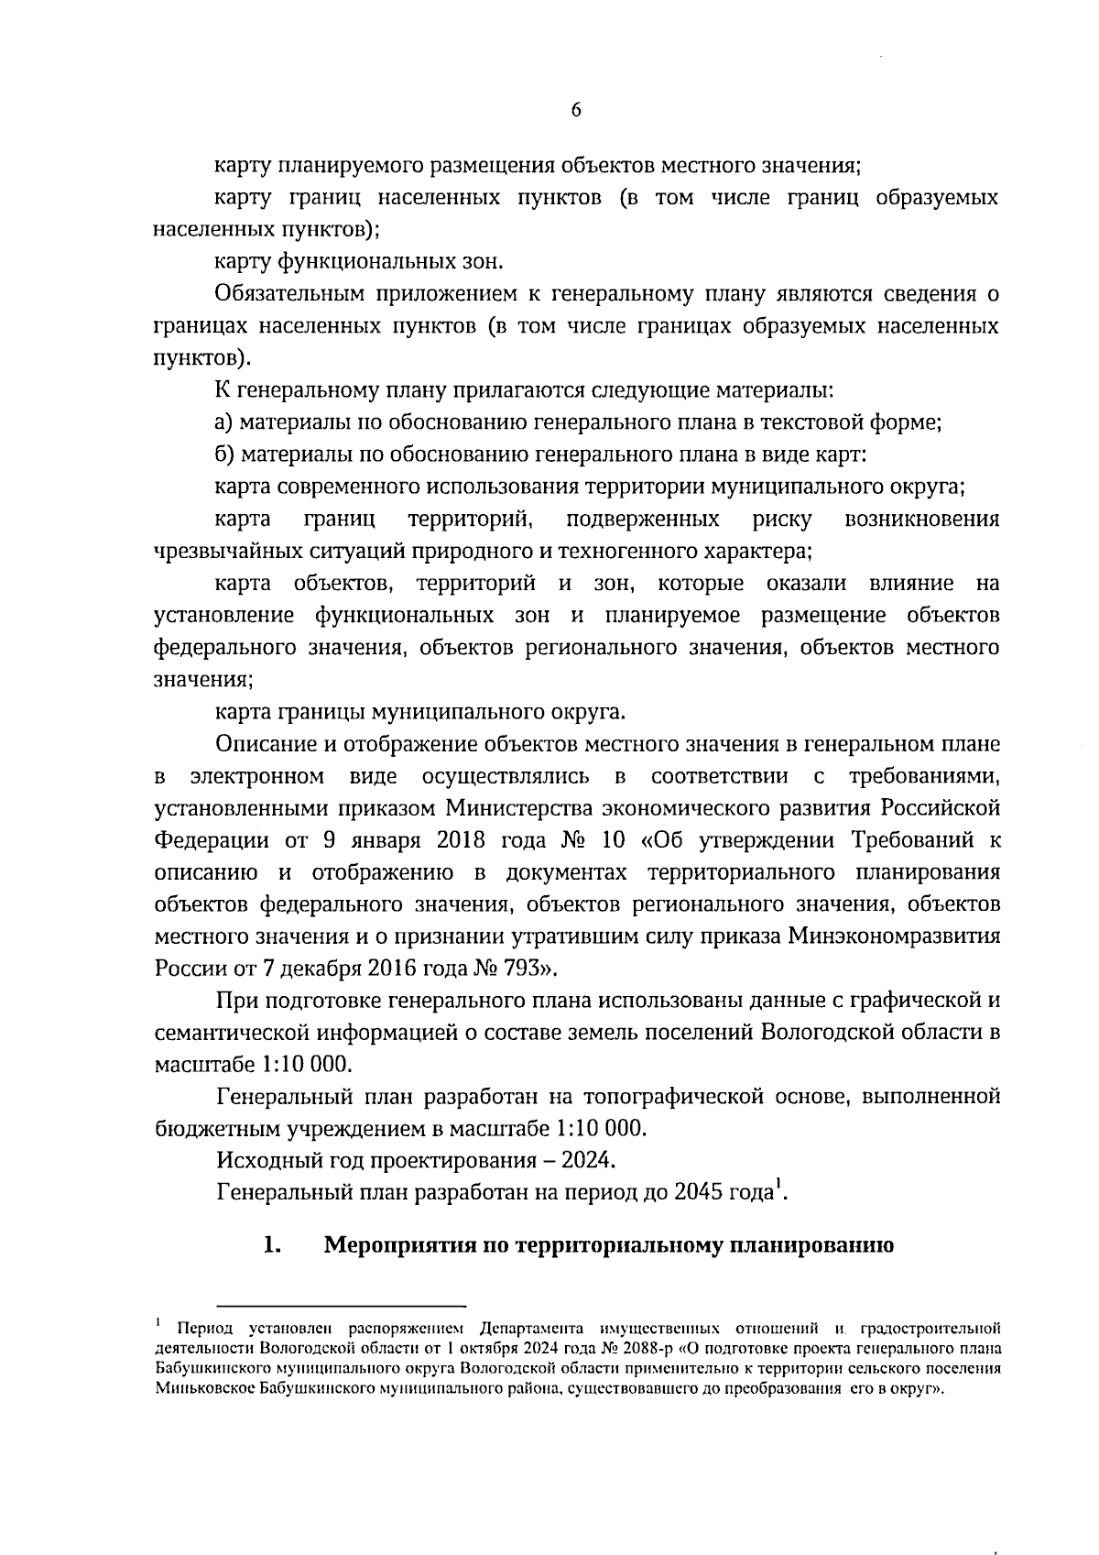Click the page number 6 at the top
point(575,110)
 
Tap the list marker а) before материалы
point(225,422)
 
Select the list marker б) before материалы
point(225,454)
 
